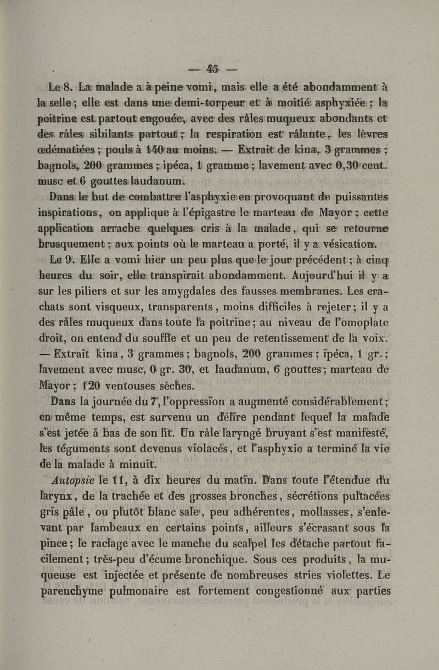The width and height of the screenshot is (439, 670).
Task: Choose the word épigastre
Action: pos(193,224)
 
